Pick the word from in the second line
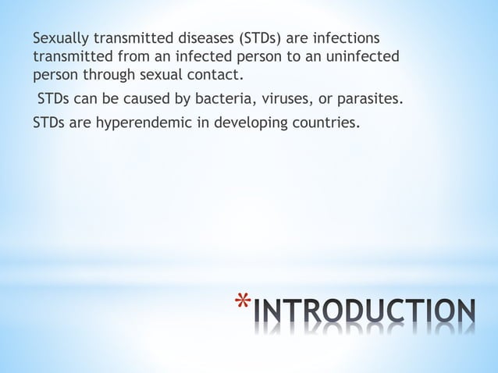pyautogui.click(x=122, y=57)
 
